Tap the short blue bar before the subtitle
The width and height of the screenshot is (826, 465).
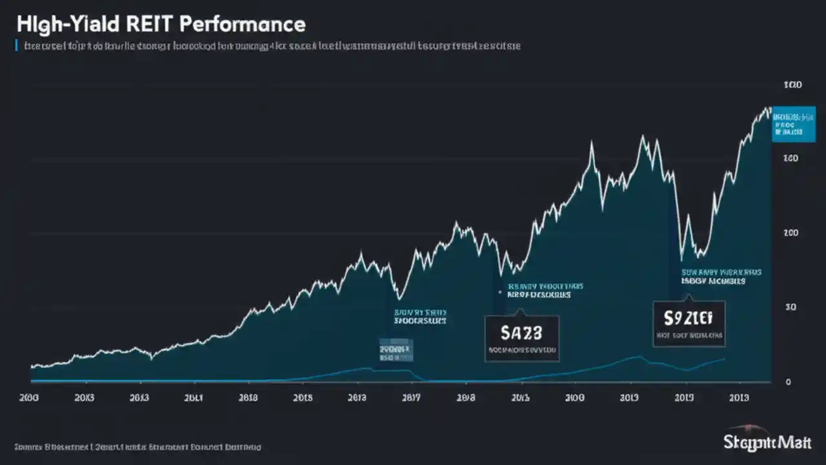point(15,46)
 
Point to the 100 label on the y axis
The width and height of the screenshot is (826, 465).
point(792,85)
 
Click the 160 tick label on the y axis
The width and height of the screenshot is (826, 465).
point(792,158)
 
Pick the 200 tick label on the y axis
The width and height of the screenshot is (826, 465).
point(792,233)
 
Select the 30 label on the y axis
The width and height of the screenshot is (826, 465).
point(791,307)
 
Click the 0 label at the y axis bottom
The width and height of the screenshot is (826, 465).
point(788,382)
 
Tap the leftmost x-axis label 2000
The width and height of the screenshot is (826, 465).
point(30,398)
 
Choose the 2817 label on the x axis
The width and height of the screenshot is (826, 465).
point(410,398)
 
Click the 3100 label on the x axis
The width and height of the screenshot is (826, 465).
point(574,398)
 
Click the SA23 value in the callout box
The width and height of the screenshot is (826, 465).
point(521,333)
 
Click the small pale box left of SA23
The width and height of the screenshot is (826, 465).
point(396,350)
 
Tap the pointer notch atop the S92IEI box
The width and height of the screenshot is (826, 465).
point(689,298)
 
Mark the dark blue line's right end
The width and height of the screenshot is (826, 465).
point(724,359)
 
